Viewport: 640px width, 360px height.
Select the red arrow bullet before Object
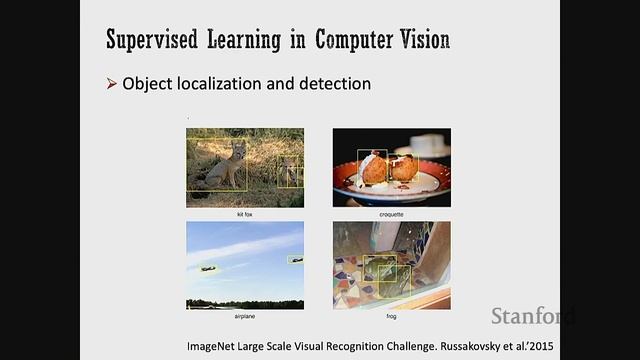[x=112, y=83]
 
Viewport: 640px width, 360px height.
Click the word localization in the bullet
[x=223, y=83]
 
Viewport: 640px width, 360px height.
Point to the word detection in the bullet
[x=334, y=83]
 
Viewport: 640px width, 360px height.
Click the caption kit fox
[x=245, y=214]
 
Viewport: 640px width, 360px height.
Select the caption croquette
[x=391, y=214]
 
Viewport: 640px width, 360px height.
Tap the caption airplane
[x=245, y=316]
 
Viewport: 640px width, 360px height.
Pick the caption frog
[x=391, y=316]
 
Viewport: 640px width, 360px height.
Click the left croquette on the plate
[x=373, y=167]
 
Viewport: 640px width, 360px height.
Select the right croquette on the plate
[x=403, y=168]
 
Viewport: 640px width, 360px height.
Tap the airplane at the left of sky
[x=208, y=268]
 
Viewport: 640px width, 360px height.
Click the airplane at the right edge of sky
[x=296, y=260]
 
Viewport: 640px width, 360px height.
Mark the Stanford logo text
[x=532, y=316]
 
